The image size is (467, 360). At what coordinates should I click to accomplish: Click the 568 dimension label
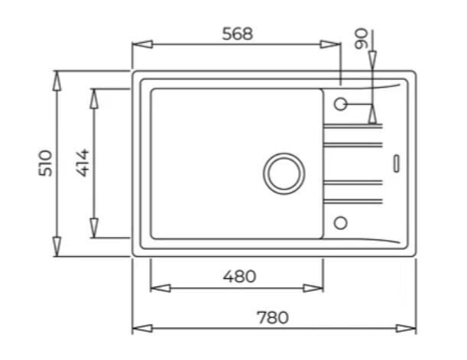pos(238,34)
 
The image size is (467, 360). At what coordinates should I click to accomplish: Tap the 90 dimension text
pos(361,38)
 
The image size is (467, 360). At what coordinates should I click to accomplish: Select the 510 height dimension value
pos(46,163)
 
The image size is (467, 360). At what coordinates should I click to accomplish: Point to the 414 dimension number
pos(83,163)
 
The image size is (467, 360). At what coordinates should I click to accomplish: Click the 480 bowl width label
pos(239,277)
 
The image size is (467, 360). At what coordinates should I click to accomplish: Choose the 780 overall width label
pos(273,317)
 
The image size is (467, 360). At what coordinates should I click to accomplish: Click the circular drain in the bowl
pos(284,174)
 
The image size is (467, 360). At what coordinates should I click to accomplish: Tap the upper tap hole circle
pos(340,104)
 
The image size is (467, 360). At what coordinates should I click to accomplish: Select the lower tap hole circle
pos(340,222)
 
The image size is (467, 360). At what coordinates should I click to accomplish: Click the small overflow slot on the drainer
pos(397,164)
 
